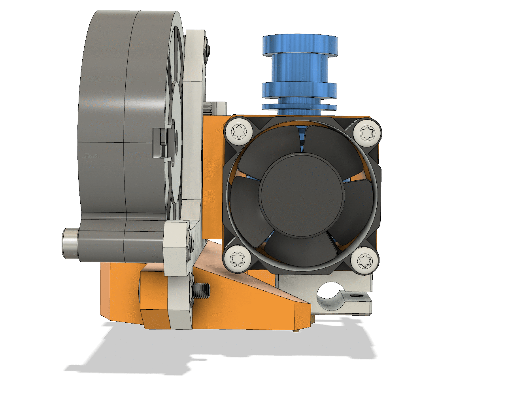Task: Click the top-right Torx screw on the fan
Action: coord(366,133)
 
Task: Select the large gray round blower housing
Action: coord(119,119)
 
